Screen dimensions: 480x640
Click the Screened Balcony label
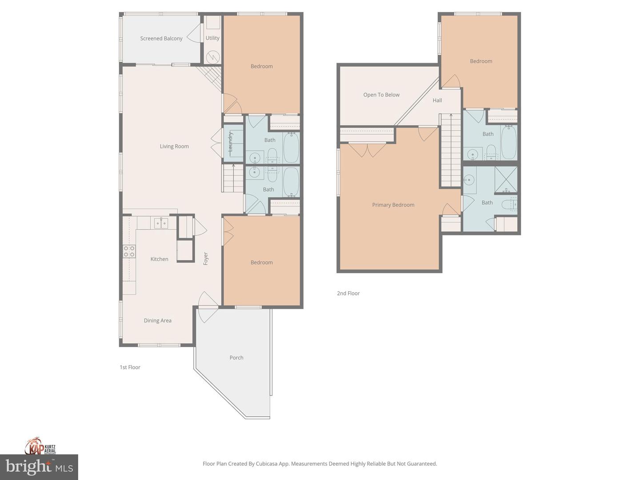(161, 39)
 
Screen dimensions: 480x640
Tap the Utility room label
(212, 38)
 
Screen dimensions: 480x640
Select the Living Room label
(174, 146)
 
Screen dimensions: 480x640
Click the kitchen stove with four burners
(129, 252)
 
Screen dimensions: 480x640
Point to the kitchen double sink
(161, 223)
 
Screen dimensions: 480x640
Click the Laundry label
(231, 142)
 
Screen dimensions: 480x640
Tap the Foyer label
(206, 259)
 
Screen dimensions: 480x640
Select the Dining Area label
(157, 320)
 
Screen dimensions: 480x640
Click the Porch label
(236, 357)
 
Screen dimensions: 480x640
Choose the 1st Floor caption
(130, 367)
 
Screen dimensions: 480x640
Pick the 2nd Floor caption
(348, 293)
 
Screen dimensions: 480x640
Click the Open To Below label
(381, 95)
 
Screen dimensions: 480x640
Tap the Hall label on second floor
(437, 100)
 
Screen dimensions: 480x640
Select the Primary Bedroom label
(393, 205)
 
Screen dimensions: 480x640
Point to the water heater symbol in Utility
(213, 57)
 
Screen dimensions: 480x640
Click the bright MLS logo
(39, 467)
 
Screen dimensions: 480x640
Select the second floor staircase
(451, 151)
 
